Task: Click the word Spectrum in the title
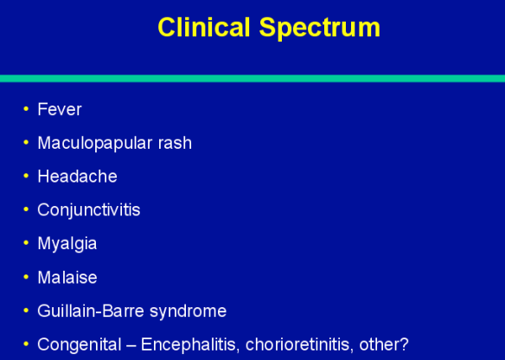319,29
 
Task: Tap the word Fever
60,110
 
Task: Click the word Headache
77,177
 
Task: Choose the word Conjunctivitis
88,210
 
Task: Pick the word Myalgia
67,244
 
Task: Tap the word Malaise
67,277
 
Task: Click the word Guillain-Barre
93,311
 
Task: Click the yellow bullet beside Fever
26,109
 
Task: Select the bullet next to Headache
26,176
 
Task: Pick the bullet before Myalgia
26,243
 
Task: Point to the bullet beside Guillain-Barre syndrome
26,310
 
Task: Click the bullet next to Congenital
26,344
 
